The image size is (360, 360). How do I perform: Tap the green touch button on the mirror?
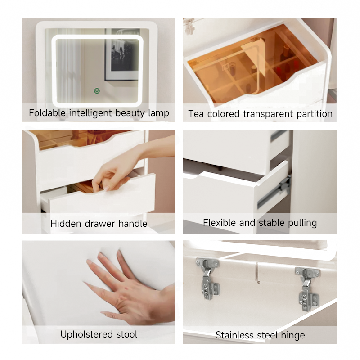tap(97, 91)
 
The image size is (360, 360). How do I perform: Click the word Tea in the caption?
tap(196, 114)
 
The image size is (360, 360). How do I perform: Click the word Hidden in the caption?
tap(66, 223)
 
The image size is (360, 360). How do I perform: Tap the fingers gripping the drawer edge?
tap(106, 182)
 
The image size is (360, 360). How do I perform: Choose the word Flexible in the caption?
tap(219, 222)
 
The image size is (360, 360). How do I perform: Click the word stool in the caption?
tap(126, 334)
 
